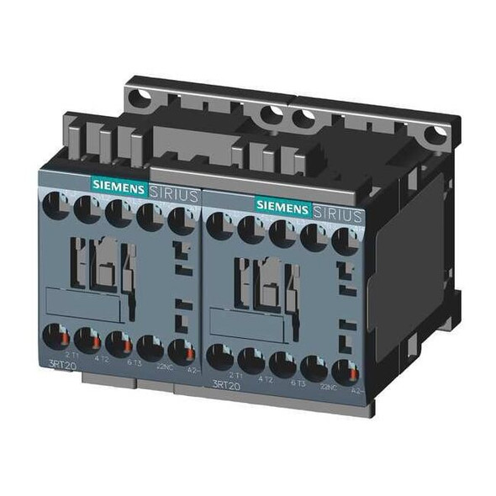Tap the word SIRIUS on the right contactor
point(340,211)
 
